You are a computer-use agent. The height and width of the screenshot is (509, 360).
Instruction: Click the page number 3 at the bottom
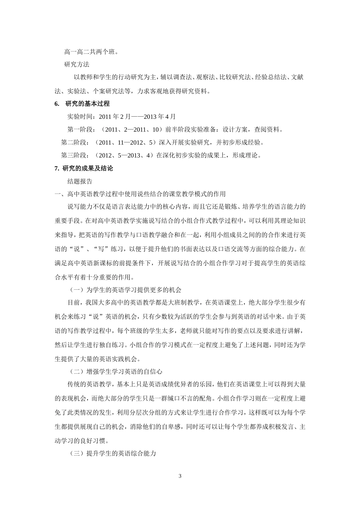180,476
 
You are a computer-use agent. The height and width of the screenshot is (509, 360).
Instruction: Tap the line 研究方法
77,64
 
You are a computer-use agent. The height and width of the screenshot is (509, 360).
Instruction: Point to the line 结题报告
80,181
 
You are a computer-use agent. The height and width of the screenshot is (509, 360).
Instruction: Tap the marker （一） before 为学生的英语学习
75,290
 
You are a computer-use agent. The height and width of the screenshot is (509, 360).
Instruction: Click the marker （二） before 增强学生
75,371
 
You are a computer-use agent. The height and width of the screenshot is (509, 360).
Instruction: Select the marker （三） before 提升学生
75,453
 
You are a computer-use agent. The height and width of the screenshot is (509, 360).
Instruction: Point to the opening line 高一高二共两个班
91,52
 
